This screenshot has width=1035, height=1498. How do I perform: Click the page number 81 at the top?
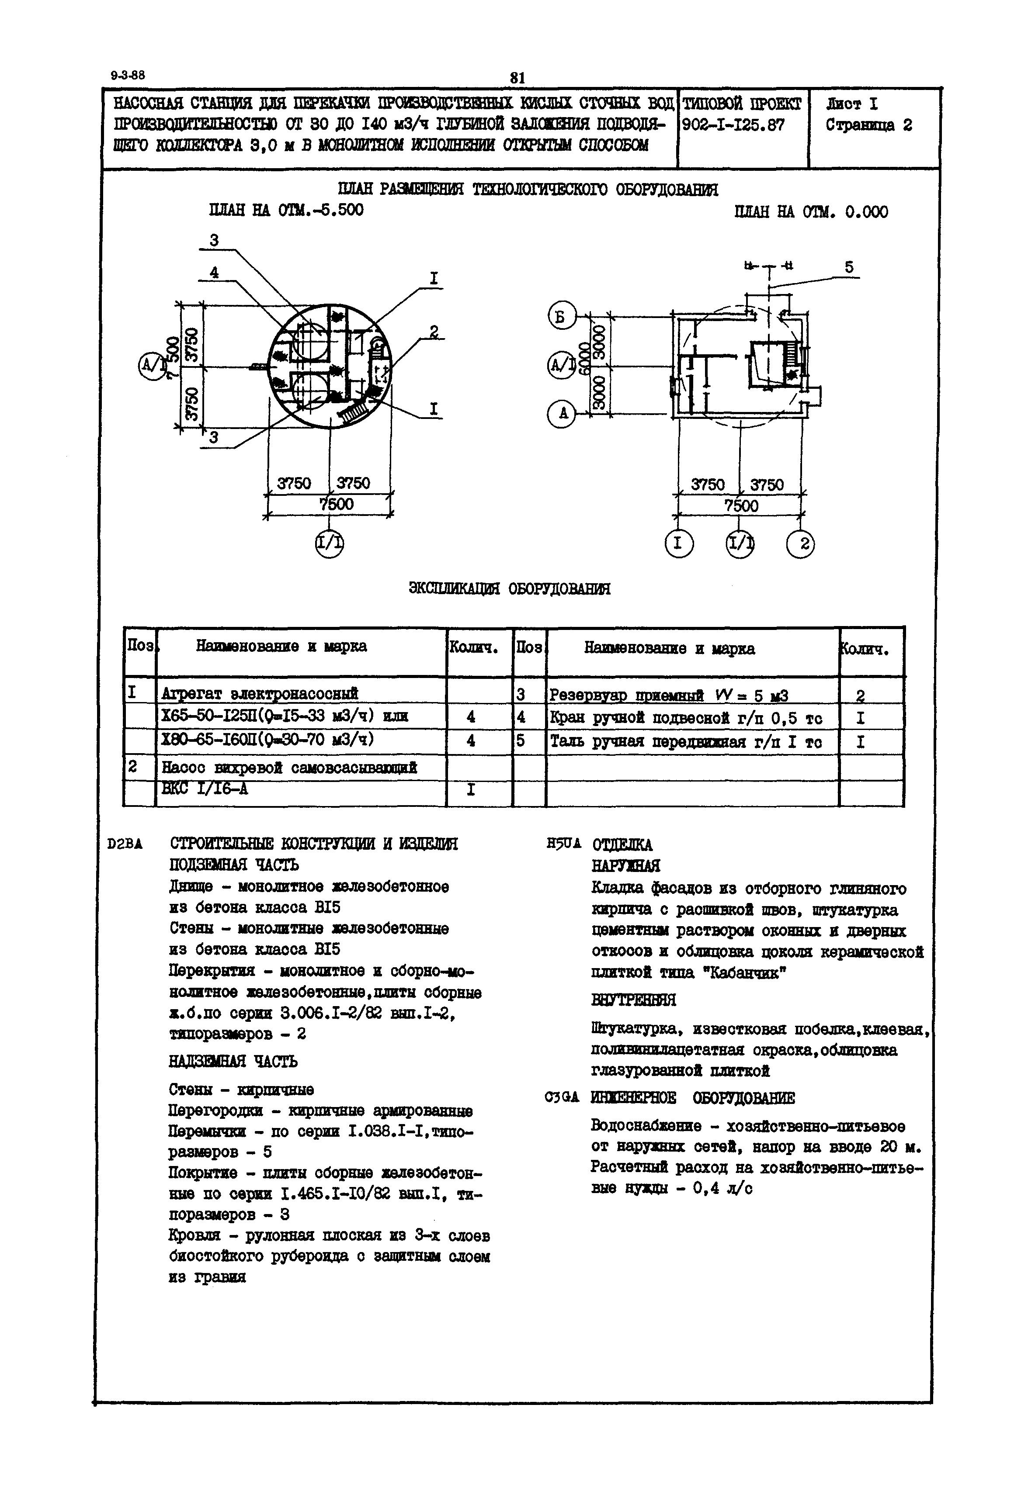[x=517, y=78]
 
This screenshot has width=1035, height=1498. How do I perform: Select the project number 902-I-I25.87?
[x=733, y=125]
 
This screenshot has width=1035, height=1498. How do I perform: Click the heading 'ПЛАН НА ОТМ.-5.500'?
[x=286, y=211]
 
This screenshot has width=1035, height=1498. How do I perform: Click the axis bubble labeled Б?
[x=562, y=317]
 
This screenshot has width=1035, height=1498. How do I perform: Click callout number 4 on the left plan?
[x=214, y=273]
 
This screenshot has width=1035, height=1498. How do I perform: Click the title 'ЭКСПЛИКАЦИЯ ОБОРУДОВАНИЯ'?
[x=509, y=588]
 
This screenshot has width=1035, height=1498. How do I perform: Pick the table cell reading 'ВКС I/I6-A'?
[x=205, y=789]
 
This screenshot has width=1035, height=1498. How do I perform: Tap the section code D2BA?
[x=126, y=844]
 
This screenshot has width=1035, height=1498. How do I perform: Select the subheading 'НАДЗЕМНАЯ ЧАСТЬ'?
[x=233, y=1061]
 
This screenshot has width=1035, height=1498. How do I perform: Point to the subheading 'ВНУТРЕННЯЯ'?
[x=634, y=1000]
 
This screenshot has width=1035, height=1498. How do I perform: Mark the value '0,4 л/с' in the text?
[x=722, y=1189]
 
